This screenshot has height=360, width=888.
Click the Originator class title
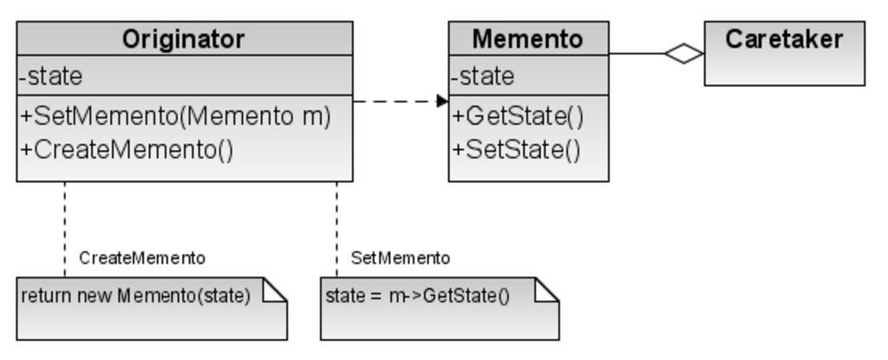coord(183,39)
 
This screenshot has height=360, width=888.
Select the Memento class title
coord(527,39)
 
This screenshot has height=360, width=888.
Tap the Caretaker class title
coord(784,39)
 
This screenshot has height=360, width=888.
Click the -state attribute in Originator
coord(51,76)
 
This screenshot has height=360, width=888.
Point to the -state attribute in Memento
coord(483,76)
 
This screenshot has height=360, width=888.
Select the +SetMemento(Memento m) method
coord(176,115)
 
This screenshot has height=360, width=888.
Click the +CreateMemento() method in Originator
coord(127,149)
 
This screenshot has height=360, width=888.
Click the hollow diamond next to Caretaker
coord(684,54)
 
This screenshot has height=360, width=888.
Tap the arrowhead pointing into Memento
coord(442,101)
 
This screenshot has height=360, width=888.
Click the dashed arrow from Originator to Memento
coord(395,101)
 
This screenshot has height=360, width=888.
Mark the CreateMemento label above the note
coord(142,258)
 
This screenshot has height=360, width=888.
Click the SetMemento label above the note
coord(401,258)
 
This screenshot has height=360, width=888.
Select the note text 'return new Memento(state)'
coord(135,295)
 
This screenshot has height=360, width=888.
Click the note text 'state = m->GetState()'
coord(417,295)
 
